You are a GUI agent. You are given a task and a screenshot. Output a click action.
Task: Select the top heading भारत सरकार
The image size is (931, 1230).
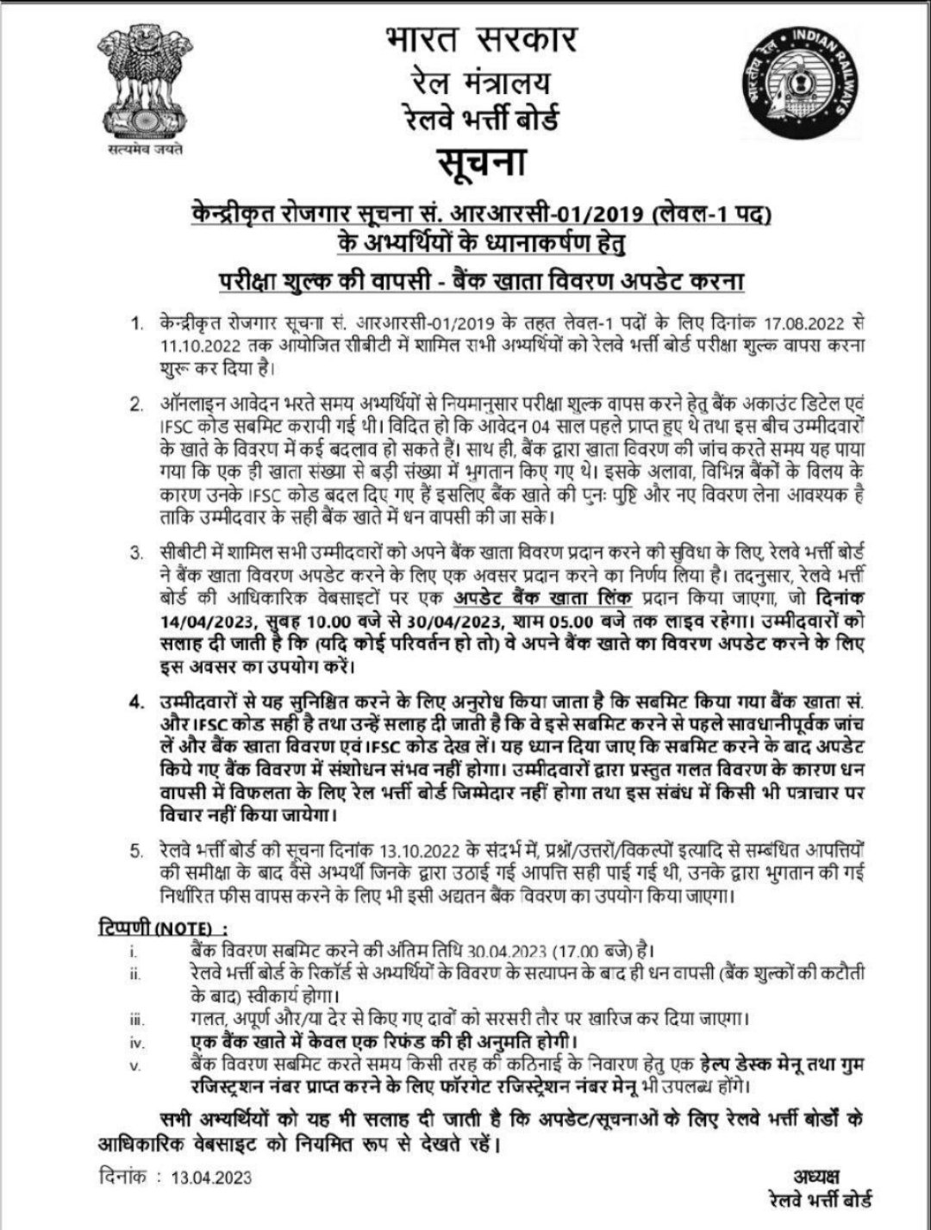coord(480,40)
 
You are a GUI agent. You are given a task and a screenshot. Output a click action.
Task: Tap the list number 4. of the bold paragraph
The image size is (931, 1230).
coord(136,701)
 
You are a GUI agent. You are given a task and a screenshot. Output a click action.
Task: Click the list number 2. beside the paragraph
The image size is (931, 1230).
coord(136,404)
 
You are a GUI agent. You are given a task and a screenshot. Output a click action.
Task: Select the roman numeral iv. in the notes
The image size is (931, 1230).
coord(135,1042)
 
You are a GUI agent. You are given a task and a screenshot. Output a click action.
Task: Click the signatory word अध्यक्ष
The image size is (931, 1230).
coord(818,1177)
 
